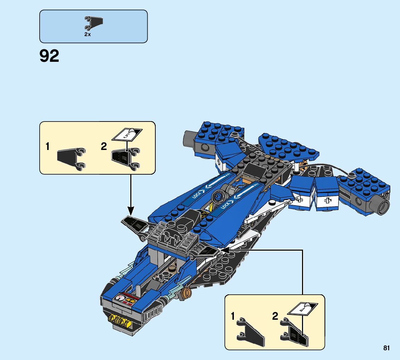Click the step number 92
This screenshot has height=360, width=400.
49,56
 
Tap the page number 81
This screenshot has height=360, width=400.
386,348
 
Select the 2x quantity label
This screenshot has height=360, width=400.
87,34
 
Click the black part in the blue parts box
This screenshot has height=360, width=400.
94,23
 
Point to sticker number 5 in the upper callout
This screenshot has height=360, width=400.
126,135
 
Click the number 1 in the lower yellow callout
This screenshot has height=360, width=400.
233,316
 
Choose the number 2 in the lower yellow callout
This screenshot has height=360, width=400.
275,316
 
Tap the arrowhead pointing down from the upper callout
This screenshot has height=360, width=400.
131,210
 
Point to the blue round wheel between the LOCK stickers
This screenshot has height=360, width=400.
218,197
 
